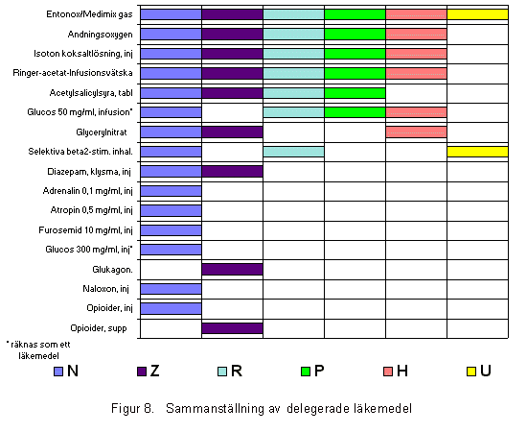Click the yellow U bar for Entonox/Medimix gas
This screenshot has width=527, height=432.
point(477,14)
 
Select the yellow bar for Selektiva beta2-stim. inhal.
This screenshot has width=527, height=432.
point(477,152)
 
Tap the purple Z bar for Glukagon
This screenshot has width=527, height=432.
point(232,270)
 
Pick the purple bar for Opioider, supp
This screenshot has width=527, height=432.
point(232,328)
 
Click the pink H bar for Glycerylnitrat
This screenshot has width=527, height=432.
point(416,132)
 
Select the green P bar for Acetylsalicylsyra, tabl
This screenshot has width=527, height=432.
point(355,93)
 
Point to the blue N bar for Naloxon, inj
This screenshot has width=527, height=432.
point(172,289)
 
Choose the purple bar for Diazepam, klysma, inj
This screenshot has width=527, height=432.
point(232,172)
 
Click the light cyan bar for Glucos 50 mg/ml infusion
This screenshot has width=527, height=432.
point(294,112)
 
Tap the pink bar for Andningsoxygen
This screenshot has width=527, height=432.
point(416,34)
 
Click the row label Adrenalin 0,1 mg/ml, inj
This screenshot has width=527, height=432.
point(88,191)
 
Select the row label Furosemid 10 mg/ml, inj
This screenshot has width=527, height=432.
point(85,230)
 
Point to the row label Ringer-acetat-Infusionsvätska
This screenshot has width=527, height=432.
point(73,73)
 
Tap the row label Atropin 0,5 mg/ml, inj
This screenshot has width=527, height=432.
point(91,210)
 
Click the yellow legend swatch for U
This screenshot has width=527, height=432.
point(471,372)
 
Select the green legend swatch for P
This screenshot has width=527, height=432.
point(306,372)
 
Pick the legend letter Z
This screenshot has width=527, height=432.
point(154,371)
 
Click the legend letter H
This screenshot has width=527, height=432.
point(402,371)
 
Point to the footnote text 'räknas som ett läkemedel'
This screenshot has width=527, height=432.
point(38,350)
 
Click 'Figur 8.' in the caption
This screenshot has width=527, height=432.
point(133,408)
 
